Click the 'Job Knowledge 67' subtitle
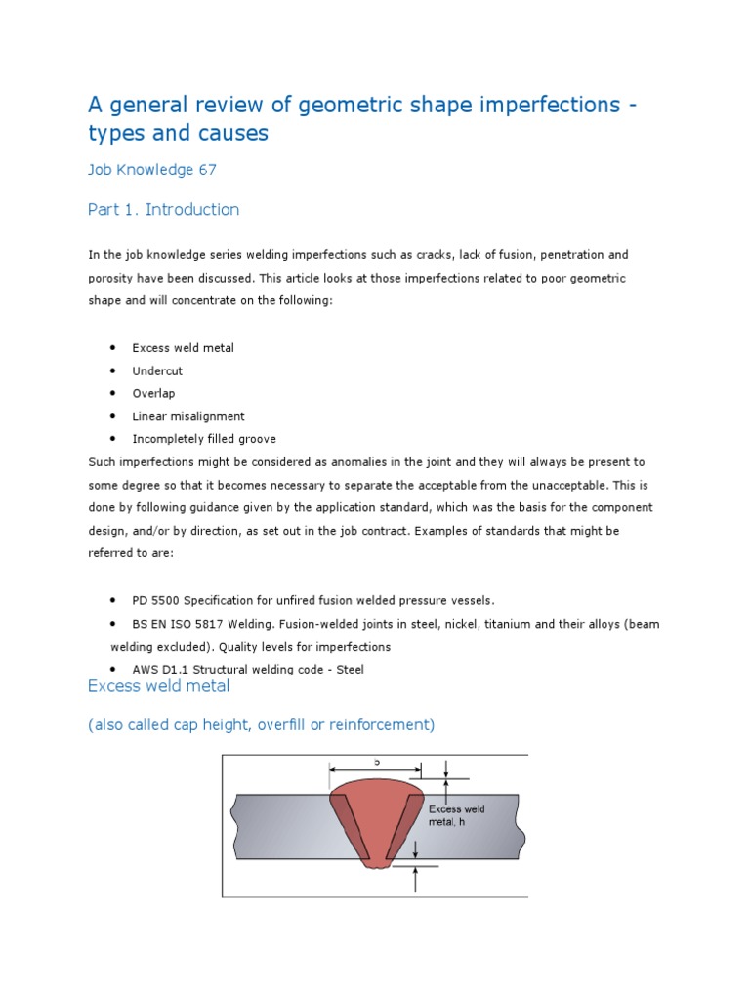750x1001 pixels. coord(152,170)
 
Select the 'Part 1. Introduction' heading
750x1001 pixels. coord(163,210)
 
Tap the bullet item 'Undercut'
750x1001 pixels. coord(157,371)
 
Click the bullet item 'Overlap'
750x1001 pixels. coord(153,394)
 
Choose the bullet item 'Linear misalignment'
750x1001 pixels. coord(188,416)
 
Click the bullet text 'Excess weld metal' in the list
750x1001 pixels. coord(184,349)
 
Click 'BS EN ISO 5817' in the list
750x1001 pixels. coord(176,624)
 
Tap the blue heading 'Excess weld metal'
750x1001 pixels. coord(159,686)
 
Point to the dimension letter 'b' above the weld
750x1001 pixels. coord(376,761)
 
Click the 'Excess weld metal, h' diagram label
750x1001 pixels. coord(456,815)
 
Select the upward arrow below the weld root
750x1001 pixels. coord(417,879)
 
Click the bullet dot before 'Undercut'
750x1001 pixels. coord(114,371)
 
